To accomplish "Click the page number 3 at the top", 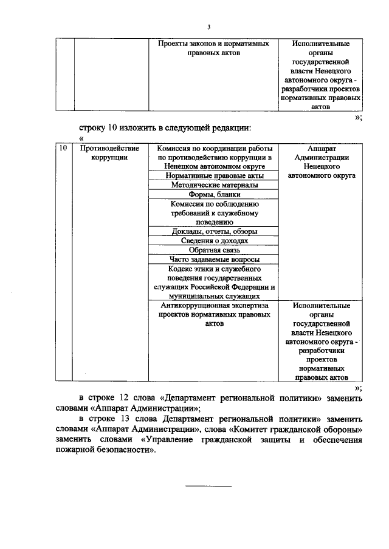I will click(x=208, y=27).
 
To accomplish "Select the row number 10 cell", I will click(x=61, y=149).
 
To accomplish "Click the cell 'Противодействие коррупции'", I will click(x=109, y=153).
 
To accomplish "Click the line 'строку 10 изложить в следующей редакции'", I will click(x=165, y=127).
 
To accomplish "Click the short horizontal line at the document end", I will click(x=208, y=486).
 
